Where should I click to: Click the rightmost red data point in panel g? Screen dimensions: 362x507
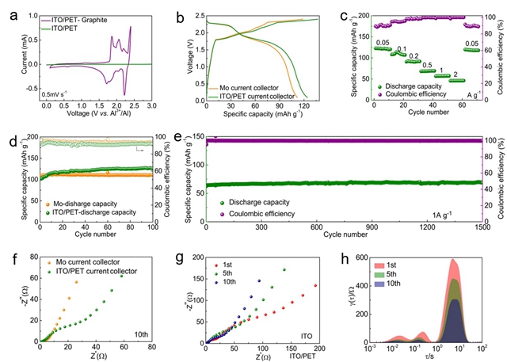tap(314, 285)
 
